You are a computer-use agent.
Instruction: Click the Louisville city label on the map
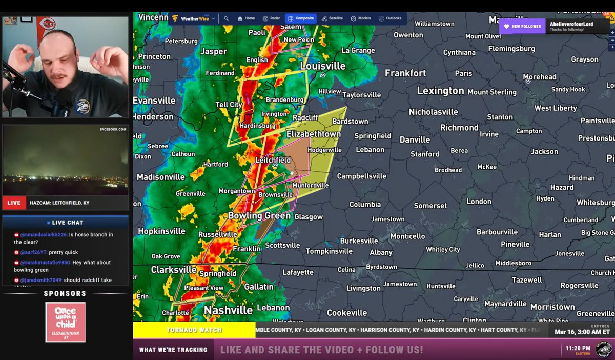(322, 67)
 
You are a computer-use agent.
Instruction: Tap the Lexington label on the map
(440, 91)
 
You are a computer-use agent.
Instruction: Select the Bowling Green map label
(259, 216)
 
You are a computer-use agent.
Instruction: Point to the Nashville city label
(228, 310)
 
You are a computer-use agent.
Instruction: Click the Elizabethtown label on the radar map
(313, 134)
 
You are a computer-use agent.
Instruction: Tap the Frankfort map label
(405, 73)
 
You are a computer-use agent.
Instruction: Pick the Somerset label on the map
(430, 206)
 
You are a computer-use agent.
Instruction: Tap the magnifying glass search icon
(226, 18)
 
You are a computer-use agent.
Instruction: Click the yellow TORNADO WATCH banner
(194, 330)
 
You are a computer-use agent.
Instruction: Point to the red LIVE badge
(14, 203)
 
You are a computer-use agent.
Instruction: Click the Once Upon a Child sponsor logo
(65, 322)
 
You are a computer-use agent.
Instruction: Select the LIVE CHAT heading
(65, 223)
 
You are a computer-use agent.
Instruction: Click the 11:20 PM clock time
(578, 348)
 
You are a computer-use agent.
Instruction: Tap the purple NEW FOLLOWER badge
(522, 26)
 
